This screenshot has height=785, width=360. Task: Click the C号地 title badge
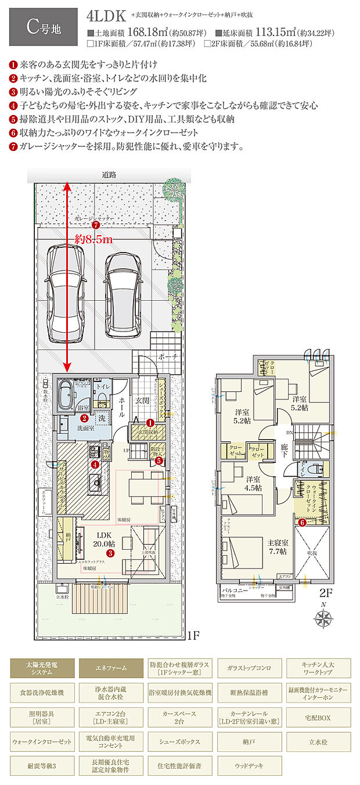[x=44, y=27]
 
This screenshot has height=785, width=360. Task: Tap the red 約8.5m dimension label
[x=94, y=239]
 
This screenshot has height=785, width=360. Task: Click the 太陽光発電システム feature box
[x=42, y=668]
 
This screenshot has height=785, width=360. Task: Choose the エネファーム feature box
[x=111, y=668]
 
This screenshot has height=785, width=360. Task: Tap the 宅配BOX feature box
[x=318, y=718]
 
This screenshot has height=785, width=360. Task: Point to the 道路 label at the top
[x=109, y=175]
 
